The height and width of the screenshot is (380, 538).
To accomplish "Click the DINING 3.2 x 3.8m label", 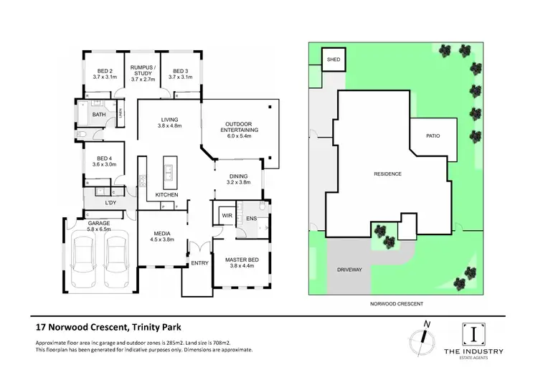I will [x=239, y=179].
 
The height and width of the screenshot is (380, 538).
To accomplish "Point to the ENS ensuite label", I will [x=251, y=217].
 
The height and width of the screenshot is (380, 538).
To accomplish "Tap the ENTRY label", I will [x=198, y=263].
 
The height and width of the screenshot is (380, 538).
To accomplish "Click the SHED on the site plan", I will [x=334, y=60].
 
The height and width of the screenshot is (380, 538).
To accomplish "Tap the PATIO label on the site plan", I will [x=432, y=135].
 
